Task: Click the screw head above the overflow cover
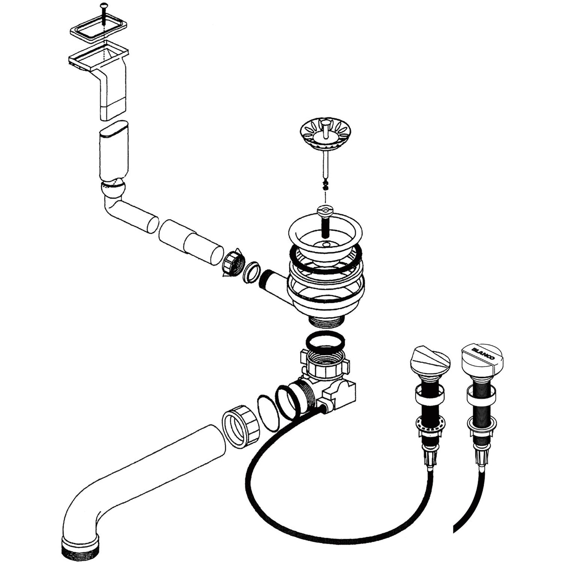(x=103, y=6)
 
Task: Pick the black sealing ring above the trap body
(x=325, y=342)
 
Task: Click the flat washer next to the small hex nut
(x=252, y=272)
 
